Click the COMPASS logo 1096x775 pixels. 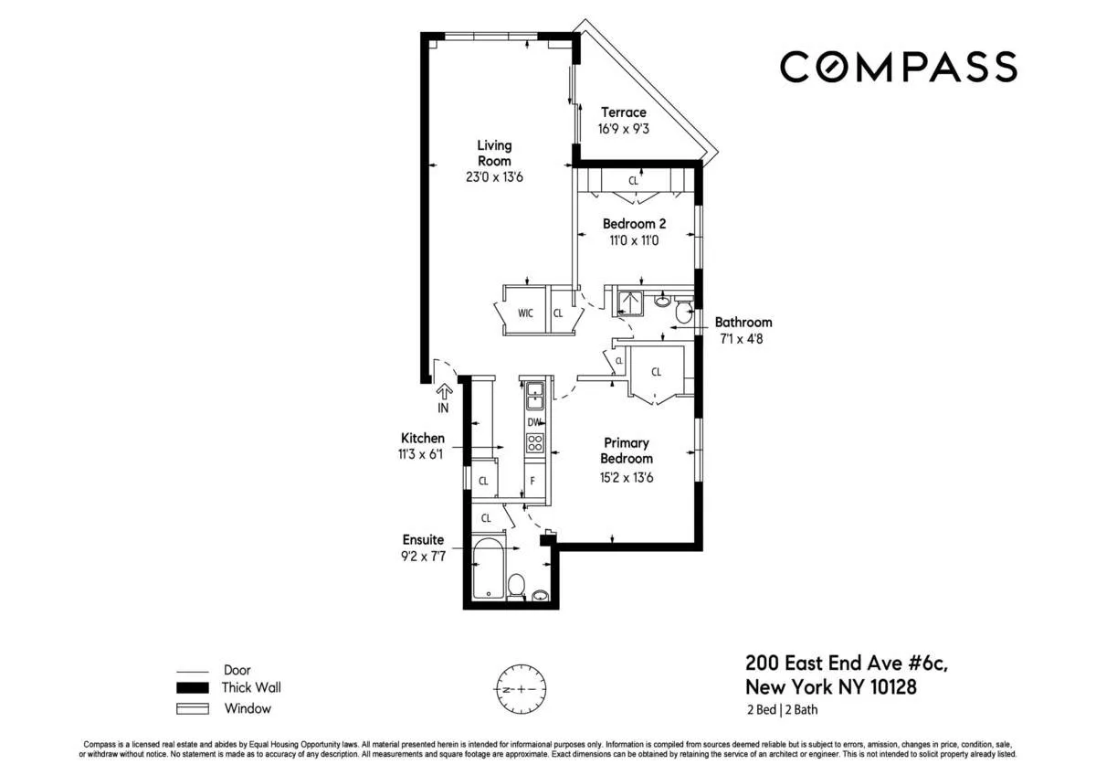tap(898, 67)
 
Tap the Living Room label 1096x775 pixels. tap(494, 153)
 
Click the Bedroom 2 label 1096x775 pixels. tap(629, 224)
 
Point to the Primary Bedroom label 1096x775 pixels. tap(627, 451)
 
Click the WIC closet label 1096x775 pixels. tap(525, 313)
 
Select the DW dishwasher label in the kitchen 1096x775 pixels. tap(534, 422)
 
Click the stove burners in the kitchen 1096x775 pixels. tap(535, 444)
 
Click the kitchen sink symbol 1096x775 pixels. tap(534, 396)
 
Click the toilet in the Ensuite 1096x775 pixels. tap(516, 585)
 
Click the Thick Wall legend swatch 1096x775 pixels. tap(193, 688)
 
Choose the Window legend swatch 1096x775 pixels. tap(193, 708)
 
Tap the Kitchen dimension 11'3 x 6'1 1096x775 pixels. tap(423, 454)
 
